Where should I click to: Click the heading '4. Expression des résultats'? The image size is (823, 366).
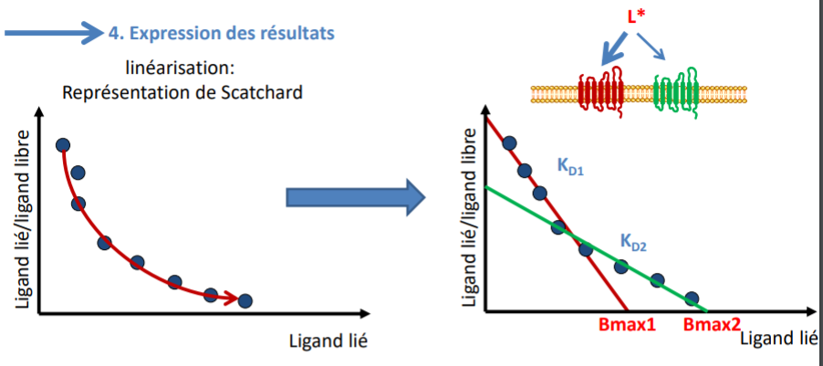pyautogui.click(x=221, y=33)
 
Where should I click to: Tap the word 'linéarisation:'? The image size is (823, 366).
pyautogui.click(x=182, y=68)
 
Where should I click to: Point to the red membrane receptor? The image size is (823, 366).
pyautogui.click(x=599, y=90)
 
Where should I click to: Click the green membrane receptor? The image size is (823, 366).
pyautogui.click(x=678, y=90)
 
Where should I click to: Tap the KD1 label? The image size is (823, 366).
pyautogui.click(x=572, y=165)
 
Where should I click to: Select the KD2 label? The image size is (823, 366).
pyautogui.click(x=635, y=242)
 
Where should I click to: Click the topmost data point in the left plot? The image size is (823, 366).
pyautogui.click(x=63, y=145)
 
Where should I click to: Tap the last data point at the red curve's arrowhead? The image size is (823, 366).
pyautogui.click(x=245, y=300)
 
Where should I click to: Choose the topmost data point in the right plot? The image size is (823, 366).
pyautogui.click(x=509, y=142)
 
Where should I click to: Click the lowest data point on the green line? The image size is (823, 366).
pyautogui.click(x=692, y=298)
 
